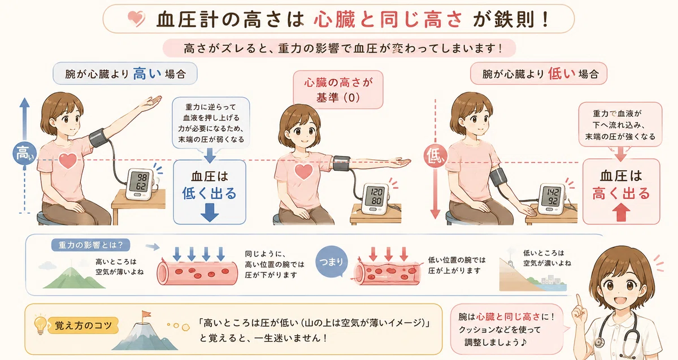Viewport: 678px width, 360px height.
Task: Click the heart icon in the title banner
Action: click(x=136, y=19)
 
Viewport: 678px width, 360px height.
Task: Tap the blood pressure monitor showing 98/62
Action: click(x=141, y=184)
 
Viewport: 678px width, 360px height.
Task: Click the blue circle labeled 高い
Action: click(x=24, y=153)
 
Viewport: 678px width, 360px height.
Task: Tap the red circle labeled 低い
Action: click(x=435, y=157)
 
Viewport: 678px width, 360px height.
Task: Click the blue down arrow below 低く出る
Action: click(x=210, y=212)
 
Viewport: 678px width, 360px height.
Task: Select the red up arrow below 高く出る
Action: click(x=621, y=212)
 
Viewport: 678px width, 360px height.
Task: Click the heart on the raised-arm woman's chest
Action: click(x=68, y=161)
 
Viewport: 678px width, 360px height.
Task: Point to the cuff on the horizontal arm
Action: click(x=341, y=163)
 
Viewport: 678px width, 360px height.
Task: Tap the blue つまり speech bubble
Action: click(x=332, y=262)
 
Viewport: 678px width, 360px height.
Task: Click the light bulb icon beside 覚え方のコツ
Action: click(x=41, y=325)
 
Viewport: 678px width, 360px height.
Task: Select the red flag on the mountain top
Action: click(x=146, y=315)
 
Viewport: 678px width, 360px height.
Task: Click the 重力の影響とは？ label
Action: click(x=91, y=245)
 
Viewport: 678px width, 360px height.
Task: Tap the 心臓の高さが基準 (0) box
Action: click(x=338, y=90)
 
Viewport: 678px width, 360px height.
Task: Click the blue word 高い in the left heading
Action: click(x=147, y=73)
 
